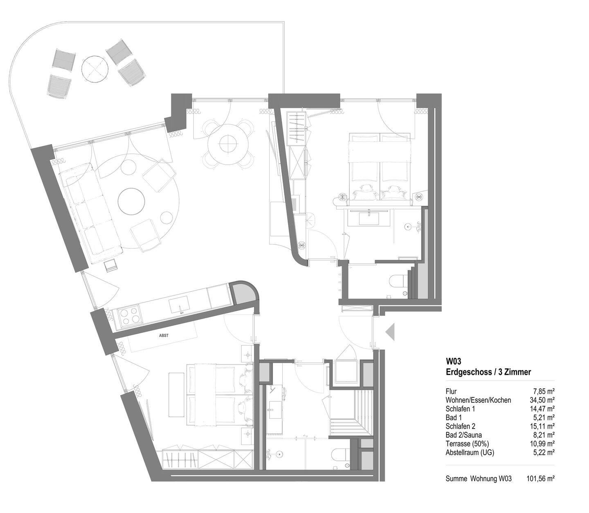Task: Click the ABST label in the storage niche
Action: coord(164,335)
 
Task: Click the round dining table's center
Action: coord(228,144)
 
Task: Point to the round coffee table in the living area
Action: coord(131,201)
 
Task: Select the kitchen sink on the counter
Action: coord(179,305)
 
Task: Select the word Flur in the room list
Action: coord(451,391)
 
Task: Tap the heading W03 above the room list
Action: coord(454,361)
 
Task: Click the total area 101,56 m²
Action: coord(540,479)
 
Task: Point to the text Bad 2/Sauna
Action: coord(463,435)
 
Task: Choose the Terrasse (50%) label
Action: coord(467,444)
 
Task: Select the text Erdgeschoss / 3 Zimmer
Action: coord(488,372)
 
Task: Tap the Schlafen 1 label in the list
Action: coord(460,409)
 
